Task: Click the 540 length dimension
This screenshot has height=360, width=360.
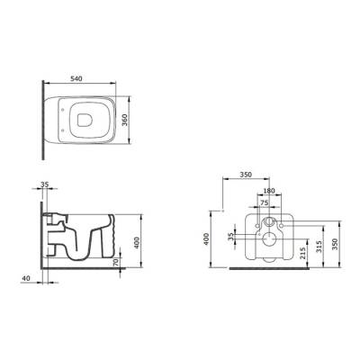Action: [x=76, y=79]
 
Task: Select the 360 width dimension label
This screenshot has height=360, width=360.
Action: [x=125, y=120]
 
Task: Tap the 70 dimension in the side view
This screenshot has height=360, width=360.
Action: [x=116, y=262]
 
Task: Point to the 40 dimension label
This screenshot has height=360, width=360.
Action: [x=26, y=278]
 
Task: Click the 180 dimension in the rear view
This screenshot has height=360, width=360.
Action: [x=269, y=191]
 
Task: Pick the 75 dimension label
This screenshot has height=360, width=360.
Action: [x=264, y=202]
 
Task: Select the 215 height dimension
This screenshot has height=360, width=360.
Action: [x=302, y=254]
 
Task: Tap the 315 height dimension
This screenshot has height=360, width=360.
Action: [x=319, y=247]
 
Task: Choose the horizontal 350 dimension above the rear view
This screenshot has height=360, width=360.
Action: [x=246, y=175]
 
